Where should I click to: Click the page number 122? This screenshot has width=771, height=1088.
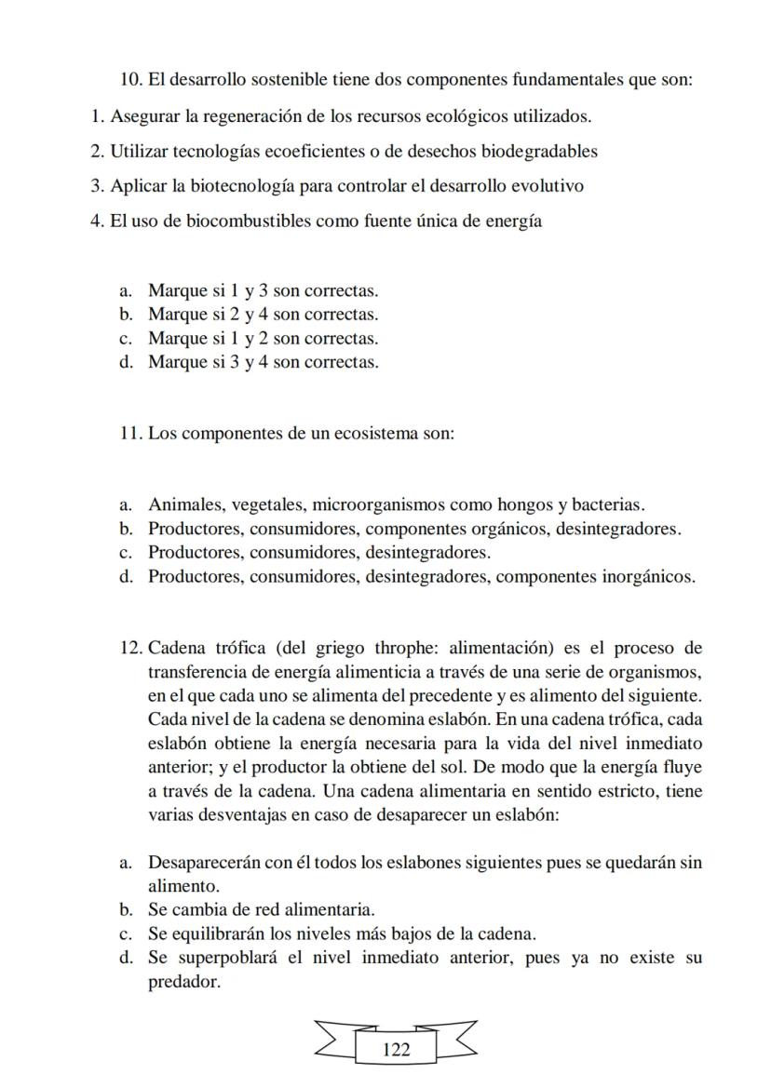pos(396,1050)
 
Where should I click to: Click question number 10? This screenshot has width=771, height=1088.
pos(131,79)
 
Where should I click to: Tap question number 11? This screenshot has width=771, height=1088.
pos(131,434)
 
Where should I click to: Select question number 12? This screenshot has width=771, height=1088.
pos(131,648)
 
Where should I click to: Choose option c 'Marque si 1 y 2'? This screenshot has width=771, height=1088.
pos(263,339)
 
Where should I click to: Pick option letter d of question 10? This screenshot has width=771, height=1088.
pos(125,362)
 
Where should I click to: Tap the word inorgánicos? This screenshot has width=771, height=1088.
pos(642,576)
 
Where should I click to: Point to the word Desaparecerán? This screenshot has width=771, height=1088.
pos(204,863)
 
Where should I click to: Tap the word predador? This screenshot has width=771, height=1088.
pos(184,982)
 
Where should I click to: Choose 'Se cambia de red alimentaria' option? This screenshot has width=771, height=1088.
pos(262,909)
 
